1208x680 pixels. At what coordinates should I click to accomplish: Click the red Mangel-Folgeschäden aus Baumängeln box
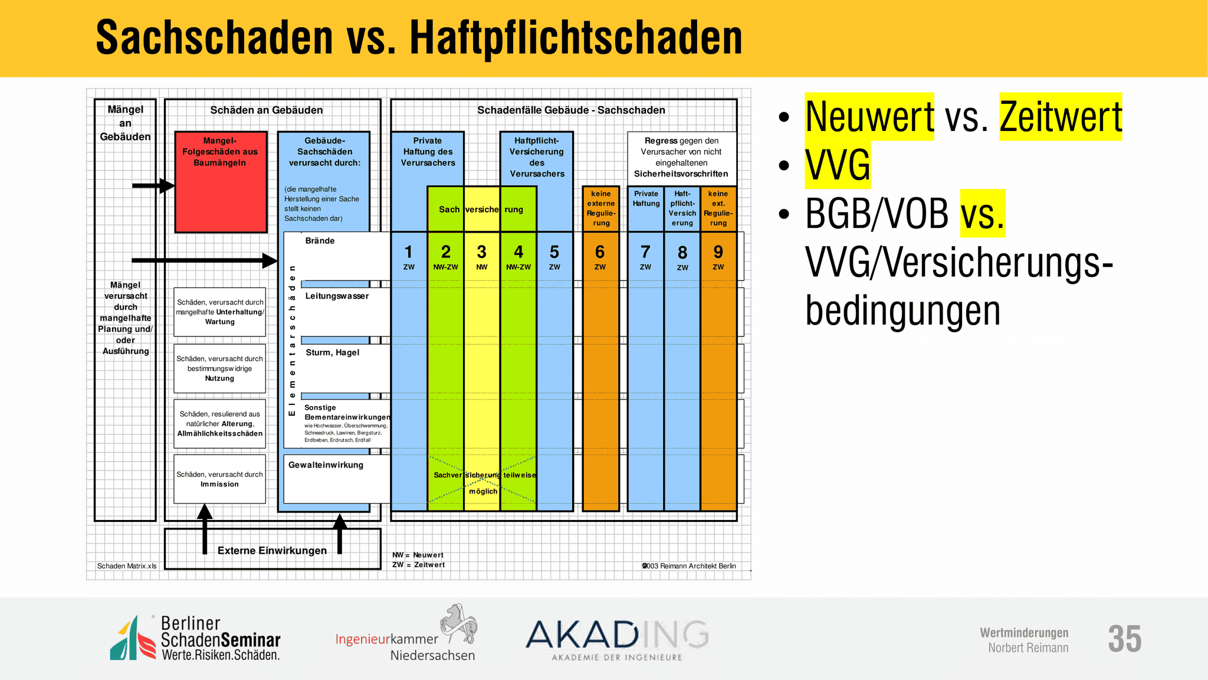coord(221,182)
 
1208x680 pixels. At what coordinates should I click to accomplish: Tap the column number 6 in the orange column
coord(600,252)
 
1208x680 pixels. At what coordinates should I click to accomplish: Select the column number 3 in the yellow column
coord(482,252)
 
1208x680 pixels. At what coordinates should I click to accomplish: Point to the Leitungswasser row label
coord(337,296)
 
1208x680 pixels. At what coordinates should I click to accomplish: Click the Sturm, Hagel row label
coord(332,352)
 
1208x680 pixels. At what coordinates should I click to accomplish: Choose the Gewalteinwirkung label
coord(326,465)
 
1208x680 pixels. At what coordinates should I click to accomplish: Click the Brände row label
coord(320,241)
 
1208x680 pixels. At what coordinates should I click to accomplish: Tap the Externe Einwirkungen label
coord(272,551)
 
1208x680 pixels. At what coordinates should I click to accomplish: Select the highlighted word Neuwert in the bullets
coord(869,116)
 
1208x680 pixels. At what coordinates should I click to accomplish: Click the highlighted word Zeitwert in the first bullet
coord(1061,116)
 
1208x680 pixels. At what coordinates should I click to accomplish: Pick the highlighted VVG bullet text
coord(838,165)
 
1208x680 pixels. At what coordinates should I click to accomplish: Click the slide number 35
coord(1124,639)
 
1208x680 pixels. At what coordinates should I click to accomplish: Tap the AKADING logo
coord(617,639)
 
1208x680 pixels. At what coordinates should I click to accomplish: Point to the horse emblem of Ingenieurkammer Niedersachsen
coord(458,624)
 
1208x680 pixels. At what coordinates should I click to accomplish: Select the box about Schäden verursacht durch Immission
coord(219,479)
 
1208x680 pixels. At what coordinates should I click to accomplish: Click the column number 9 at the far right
coord(718,252)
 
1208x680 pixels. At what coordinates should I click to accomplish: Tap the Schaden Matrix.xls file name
coord(127,566)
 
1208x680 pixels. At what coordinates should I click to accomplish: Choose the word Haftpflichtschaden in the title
coord(576,38)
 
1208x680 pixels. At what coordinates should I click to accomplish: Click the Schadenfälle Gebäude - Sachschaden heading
coord(571,110)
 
